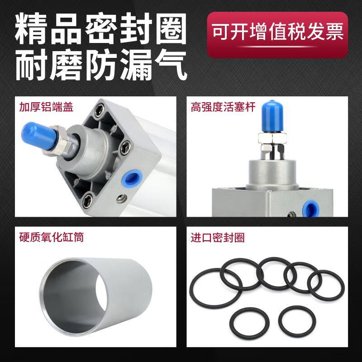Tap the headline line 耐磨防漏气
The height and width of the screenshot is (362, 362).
pyautogui.click(x=100, y=67)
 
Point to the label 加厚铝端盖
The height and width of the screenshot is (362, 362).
pyautogui.click(x=46, y=107)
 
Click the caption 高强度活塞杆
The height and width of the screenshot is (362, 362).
pyautogui.click(x=224, y=107)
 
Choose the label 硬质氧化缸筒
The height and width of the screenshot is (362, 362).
pyautogui.click(x=51, y=237)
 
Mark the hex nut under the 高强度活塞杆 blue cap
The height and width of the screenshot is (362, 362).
pyautogui.click(x=270, y=137)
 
